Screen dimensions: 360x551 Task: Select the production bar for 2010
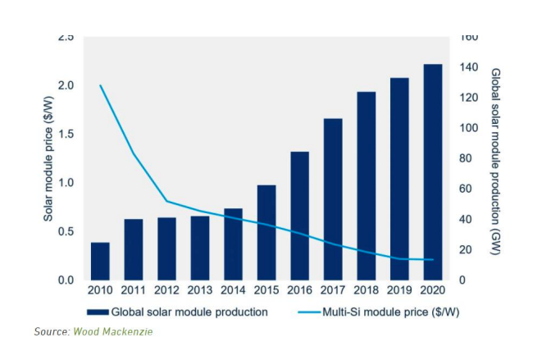[x=100, y=261]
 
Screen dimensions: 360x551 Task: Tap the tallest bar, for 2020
[x=433, y=171]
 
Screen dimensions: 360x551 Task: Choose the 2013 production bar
[x=200, y=248]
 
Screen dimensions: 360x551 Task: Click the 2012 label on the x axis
[x=166, y=289]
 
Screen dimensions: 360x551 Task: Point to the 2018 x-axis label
[x=367, y=289]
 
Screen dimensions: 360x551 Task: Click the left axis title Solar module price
[x=48, y=158]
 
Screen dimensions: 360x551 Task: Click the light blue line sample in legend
[x=314, y=312]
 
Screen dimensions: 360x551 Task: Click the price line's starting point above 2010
[x=100, y=85]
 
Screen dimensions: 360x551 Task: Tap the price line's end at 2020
[x=433, y=260]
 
